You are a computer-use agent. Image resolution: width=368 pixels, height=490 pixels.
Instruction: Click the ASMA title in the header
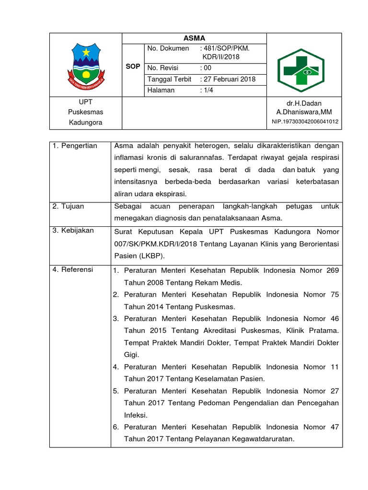pyautogui.click(x=194, y=39)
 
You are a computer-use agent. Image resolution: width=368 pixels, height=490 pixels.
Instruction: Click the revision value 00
pyautogui.click(x=207, y=68)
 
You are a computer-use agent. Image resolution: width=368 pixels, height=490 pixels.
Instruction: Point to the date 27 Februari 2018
pyautogui.click(x=229, y=79)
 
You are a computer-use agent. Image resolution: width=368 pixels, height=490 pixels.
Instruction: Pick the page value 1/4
pyautogui.click(x=207, y=90)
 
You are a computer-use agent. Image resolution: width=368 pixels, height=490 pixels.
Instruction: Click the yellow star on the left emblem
pyautogui.click(x=86, y=51)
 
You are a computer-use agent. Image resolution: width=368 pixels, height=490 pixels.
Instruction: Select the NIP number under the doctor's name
pyautogui.click(x=304, y=122)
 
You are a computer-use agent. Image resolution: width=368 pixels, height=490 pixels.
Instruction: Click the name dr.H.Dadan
pyautogui.click(x=304, y=103)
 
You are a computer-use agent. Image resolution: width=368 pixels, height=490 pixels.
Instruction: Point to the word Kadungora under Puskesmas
pyautogui.click(x=85, y=122)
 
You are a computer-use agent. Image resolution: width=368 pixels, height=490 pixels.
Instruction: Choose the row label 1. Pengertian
pyautogui.click(x=75, y=145)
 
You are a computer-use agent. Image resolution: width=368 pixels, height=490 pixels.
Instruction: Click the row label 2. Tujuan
pyautogui.click(x=69, y=206)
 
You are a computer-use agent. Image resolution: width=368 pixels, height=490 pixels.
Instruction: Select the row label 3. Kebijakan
pyautogui.click(x=73, y=231)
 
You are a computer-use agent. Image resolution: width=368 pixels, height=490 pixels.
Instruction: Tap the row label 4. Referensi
pyautogui.click(x=73, y=269)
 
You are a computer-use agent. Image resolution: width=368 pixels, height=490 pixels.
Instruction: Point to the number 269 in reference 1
pyautogui.click(x=332, y=270)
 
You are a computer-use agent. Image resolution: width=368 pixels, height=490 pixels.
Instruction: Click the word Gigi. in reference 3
pyautogui.click(x=131, y=355)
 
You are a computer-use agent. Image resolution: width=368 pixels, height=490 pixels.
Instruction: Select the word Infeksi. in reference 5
pyautogui.click(x=136, y=415)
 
